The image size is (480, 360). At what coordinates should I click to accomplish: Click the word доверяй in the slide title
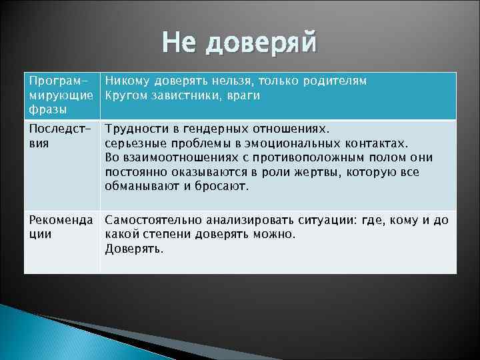[x=263, y=44]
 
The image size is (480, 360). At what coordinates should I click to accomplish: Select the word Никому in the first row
[x=128, y=81]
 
